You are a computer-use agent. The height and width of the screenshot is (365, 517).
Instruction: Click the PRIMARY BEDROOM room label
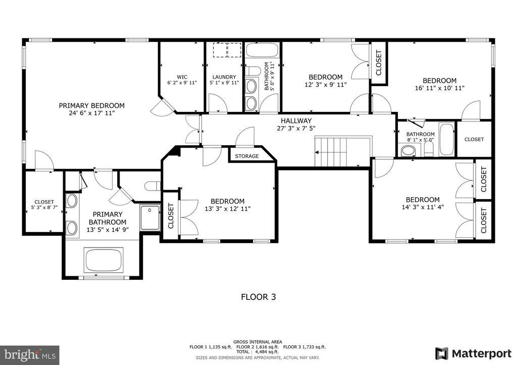92,106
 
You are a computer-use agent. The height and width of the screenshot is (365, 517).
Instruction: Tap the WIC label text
182,77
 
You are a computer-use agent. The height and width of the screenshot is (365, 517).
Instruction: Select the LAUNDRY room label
224,77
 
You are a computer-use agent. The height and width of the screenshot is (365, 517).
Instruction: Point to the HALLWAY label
296,121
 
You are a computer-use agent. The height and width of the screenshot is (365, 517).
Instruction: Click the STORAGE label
247,156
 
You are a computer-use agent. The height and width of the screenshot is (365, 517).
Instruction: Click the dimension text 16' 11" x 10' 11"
440,88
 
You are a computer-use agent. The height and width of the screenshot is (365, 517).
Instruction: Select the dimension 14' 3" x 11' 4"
423,207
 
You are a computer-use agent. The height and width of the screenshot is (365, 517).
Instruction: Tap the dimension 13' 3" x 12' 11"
228,208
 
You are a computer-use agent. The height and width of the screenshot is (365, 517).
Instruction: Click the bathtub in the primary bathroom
104,260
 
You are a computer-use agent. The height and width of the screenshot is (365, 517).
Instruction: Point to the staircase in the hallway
343,152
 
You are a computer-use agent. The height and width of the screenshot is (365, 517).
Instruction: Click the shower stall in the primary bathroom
150,217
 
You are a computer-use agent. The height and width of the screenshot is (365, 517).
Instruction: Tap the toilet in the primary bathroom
152,186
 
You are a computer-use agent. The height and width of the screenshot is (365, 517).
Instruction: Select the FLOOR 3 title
258,297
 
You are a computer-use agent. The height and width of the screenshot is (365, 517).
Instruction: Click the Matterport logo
473,353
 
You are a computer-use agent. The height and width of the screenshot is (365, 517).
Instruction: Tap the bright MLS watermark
30,355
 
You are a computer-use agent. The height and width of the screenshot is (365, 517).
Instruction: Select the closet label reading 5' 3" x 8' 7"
44,208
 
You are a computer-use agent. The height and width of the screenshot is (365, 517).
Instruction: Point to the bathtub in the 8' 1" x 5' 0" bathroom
447,139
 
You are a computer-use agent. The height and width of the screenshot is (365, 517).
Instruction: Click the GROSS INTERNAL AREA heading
257,342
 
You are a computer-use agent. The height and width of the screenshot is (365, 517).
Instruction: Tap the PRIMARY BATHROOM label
108,218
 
